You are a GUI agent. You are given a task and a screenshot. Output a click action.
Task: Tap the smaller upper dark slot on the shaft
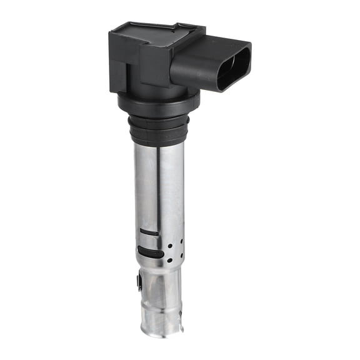click(x=149, y=232)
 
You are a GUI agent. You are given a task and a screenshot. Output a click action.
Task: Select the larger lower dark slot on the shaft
click(x=149, y=251)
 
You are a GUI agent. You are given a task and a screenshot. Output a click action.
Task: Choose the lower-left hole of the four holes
click(x=170, y=259)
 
